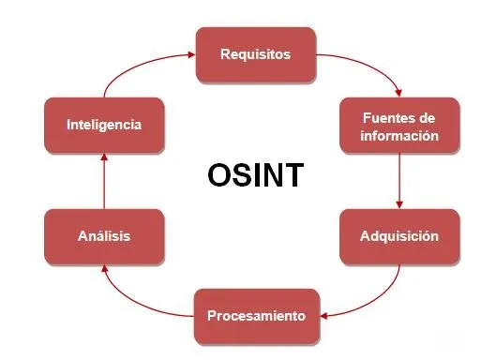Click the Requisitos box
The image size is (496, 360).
(x=255, y=53)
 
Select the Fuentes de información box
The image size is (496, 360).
(x=399, y=127)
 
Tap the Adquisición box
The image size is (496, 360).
(x=399, y=235)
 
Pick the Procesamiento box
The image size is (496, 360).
(x=255, y=316)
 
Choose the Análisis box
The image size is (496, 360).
(x=103, y=236)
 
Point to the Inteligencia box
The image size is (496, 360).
(x=103, y=124)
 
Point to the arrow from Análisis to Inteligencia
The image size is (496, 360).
(x=103, y=180)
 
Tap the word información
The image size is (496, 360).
(x=399, y=135)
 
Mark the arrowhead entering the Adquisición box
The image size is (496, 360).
(x=400, y=203)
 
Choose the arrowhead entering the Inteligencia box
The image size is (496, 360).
(x=103, y=155)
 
